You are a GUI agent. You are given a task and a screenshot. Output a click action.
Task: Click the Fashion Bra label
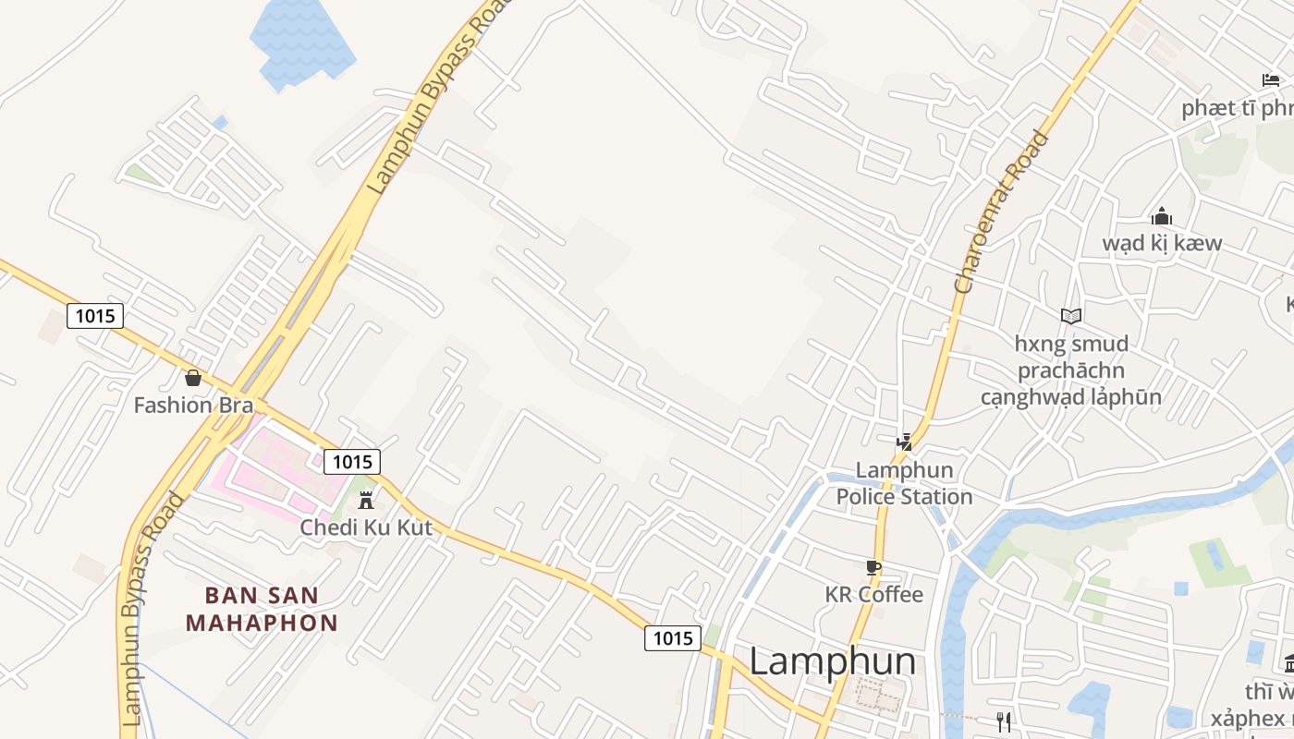tap(193, 405)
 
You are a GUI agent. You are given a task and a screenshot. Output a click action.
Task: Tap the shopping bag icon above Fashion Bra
tap(193, 378)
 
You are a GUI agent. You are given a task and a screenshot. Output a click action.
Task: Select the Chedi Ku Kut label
tap(366, 527)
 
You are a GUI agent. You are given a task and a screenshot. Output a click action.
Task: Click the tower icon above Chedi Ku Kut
tap(366, 501)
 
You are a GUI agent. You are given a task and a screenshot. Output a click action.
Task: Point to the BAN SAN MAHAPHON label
tap(262, 609)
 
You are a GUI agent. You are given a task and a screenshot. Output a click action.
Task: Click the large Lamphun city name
tap(832, 661)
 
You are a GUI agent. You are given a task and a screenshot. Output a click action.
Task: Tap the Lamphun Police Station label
tap(904, 483)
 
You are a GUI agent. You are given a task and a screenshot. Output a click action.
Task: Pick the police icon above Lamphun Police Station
tap(904, 443)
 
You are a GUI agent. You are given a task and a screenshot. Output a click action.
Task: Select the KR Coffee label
tap(873, 594)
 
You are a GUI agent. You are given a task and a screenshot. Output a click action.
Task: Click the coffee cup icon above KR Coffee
tap(873, 567)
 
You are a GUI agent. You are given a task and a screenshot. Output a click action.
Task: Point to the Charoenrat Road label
tap(1002, 212)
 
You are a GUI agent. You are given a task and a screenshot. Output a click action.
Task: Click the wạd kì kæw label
tap(1161, 243)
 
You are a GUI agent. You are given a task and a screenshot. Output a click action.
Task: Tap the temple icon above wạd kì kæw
tap(1161, 217)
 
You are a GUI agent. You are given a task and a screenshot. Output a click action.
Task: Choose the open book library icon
tap(1071, 317)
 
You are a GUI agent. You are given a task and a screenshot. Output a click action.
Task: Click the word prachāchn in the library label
tap(1071, 370)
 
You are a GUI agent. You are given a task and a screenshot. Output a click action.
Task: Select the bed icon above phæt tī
tap(1271, 81)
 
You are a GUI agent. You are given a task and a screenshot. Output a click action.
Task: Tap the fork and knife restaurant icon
tap(1004, 721)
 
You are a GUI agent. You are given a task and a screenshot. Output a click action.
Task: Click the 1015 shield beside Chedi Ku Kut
tap(352, 462)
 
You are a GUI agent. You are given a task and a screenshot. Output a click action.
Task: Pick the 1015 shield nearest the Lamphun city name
tap(672, 637)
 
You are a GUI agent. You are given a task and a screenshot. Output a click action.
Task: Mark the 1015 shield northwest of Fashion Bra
tap(95, 316)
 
